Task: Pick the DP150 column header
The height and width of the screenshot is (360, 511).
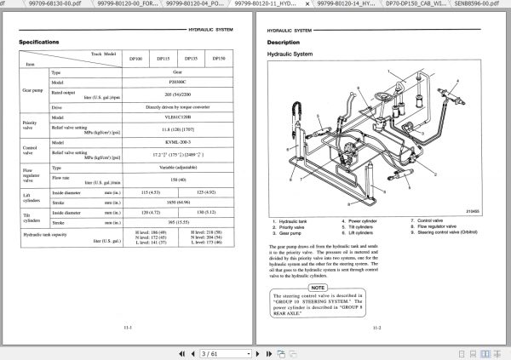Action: (x=219, y=58)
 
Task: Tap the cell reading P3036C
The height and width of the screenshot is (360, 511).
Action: (x=176, y=84)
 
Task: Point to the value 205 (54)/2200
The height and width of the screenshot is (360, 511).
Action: (x=176, y=96)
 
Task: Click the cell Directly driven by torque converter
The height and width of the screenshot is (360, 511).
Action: (x=176, y=108)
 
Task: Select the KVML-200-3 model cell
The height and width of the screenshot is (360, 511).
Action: (x=176, y=143)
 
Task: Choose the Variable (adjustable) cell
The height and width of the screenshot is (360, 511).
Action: (x=176, y=168)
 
